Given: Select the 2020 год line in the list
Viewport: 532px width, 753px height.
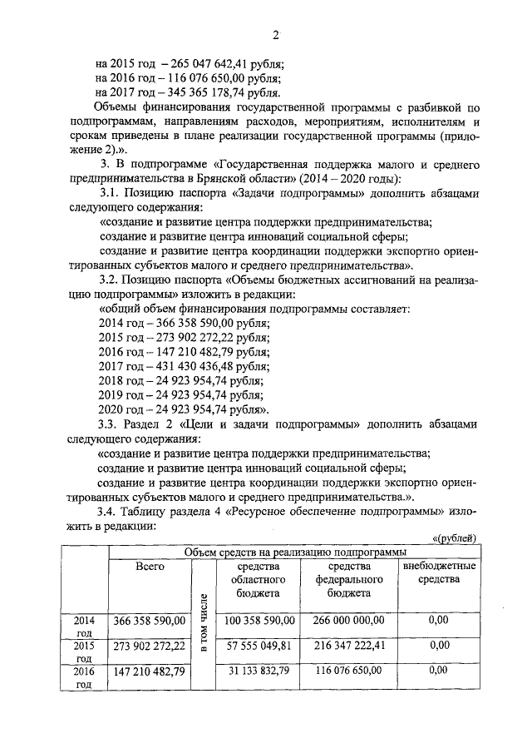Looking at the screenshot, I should pyautogui.click(x=184, y=411).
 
